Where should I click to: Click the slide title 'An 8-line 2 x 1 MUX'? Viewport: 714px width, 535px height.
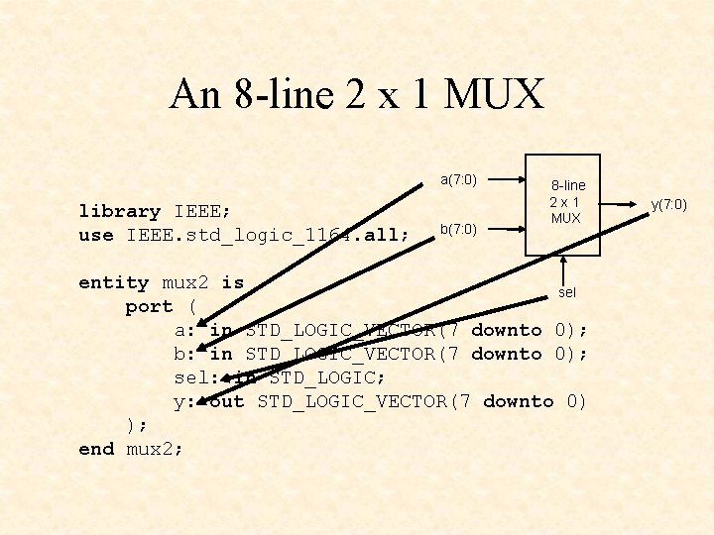[357, 96]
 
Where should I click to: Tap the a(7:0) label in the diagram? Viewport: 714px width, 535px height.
[459, 179]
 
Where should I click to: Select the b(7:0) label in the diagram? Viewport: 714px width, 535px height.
[458, 230]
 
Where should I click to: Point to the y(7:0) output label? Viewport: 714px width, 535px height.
[668, 205]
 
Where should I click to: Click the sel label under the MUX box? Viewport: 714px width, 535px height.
[567, 292]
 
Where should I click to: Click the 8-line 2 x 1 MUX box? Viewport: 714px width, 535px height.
[562, 202]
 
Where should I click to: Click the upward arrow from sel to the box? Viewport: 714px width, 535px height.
[562, 267]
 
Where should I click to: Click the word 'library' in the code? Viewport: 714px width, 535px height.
[120, 211]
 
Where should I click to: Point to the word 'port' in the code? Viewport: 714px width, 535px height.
[149, 306]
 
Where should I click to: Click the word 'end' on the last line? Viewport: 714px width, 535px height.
[96, 449]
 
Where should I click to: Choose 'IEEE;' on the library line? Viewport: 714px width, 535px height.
[202, 211]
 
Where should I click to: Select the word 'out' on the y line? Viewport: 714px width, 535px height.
[227, 401]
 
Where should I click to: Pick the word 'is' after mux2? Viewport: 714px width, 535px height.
[232, 282]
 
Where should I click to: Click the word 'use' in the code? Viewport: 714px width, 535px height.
[96, 235]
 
